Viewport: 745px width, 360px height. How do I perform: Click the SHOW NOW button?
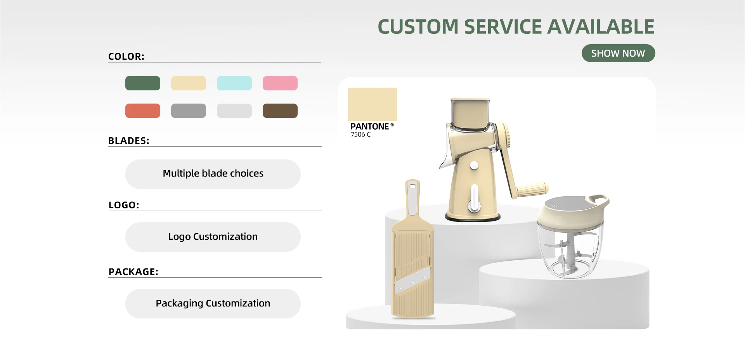[618, 53]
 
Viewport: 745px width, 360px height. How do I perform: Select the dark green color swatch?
[143, 83]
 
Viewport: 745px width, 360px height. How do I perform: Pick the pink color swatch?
[280, 83]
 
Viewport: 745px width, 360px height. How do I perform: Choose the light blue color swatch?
[234, 83]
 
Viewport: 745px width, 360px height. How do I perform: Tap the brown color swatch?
[280, 111]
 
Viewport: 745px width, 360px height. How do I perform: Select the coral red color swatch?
[143, 111]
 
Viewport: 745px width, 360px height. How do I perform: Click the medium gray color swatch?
[189, 111]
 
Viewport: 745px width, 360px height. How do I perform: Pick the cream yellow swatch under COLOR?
[189, 83]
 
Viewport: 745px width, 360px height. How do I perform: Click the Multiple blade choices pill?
[213, 174]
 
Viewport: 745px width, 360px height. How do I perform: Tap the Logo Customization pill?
[213, 237]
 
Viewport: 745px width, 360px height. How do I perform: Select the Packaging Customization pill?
[213, 303]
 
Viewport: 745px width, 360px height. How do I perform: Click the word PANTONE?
[369, 126]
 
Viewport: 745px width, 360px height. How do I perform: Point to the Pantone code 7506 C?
[360, 135]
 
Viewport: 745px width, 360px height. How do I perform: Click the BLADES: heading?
[129, 141]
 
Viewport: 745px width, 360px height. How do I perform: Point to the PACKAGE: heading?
[133, 272]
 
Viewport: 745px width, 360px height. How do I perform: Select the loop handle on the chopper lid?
[599, 200]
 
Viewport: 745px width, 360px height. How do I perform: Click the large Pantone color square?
[372, 104]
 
